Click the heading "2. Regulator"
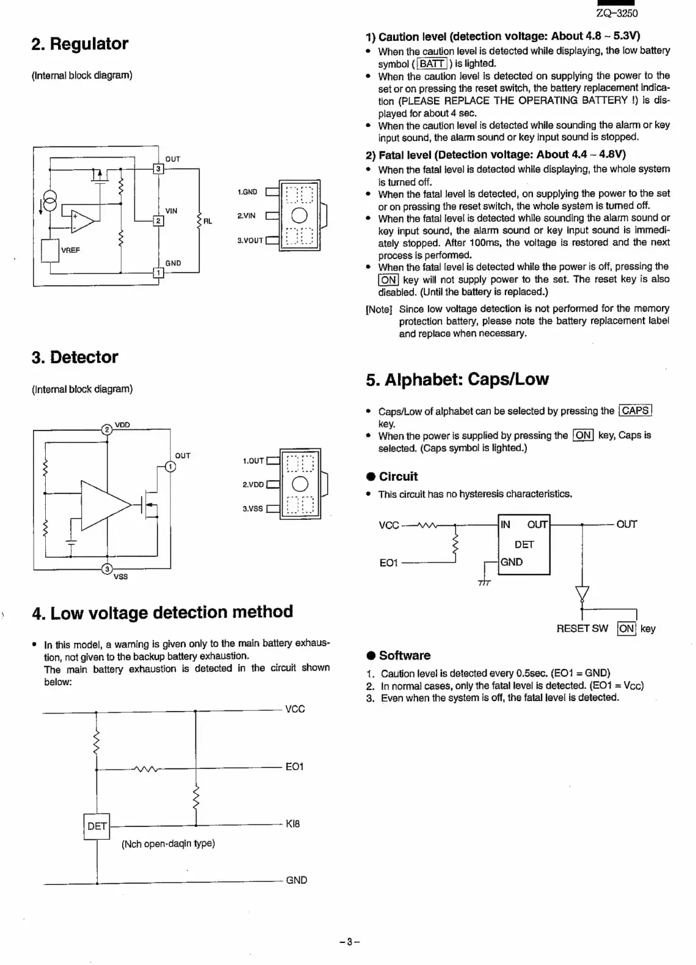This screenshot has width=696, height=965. [79, 44]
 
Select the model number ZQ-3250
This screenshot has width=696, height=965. [617, 13]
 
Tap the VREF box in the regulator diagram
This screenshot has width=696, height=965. [49, 250]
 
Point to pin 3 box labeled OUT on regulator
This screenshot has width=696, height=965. [158, 169]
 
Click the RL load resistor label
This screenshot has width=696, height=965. [208, 221]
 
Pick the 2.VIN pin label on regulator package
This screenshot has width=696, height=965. [247, 216]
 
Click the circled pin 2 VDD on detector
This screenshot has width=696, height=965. [107, 429]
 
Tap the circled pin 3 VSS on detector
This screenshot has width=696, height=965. [107, 569]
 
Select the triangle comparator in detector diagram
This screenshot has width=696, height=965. [104, 504]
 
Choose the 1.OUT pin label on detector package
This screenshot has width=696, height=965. [253, 461]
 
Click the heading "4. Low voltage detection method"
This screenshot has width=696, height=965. [162, 613]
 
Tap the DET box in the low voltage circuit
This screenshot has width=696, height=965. [96, 826]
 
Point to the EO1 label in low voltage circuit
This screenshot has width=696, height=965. [294, 767]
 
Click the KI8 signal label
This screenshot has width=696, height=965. [293, 824]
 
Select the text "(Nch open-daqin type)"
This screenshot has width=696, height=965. [168, 843]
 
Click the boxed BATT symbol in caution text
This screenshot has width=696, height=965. [432, 64]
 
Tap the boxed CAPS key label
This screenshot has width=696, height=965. [635, 411]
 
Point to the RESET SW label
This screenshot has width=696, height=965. [582, 628]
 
